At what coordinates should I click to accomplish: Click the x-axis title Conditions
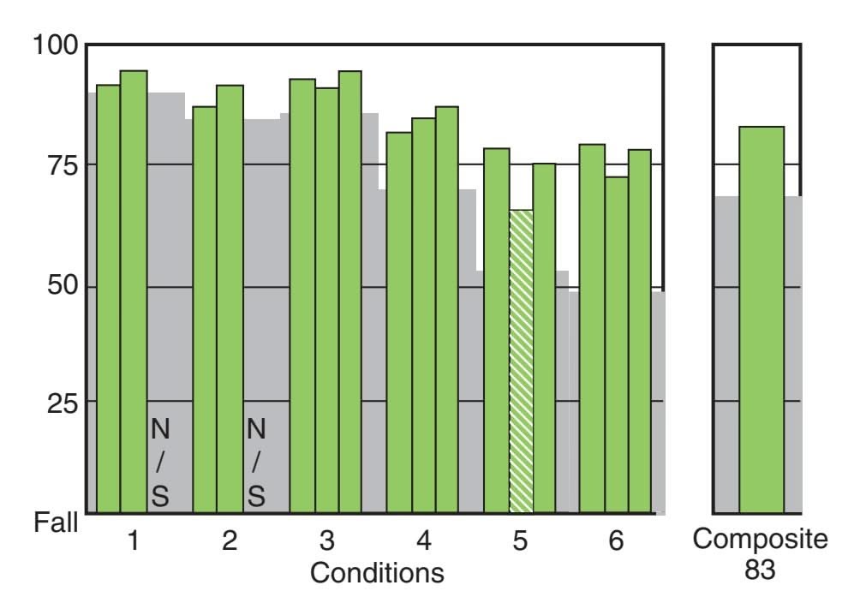[377, 572]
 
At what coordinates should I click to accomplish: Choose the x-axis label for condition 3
[326, 541]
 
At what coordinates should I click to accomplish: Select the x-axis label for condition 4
[423, 541]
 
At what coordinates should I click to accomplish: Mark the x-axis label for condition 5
[520, 541]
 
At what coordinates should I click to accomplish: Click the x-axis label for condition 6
[616, 541]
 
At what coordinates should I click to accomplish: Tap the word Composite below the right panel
[761, 541]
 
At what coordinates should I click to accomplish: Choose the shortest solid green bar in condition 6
[616, 343]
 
